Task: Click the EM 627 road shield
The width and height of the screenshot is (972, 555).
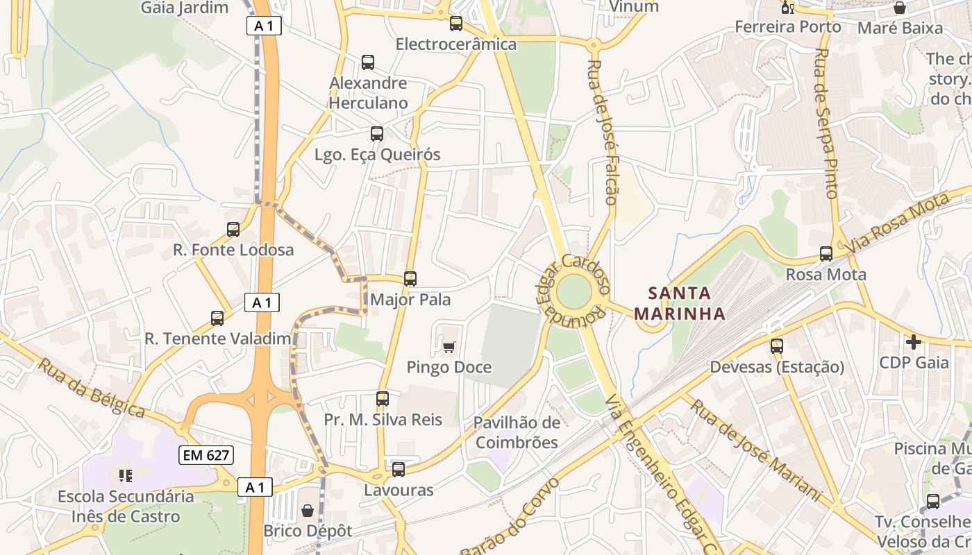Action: [206, 455]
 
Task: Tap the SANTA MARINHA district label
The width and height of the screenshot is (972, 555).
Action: [680, 303]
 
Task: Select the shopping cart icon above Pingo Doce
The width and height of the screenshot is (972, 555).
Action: [449, 346]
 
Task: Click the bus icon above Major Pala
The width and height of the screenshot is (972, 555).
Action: [410, 279]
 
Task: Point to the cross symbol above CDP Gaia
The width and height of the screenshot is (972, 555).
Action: [914, 341]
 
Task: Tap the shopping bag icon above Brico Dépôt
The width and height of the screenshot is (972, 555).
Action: [308, 511]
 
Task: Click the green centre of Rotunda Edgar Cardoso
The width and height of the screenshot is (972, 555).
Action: [573, 291]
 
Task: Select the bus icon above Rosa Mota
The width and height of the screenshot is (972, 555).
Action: [826, 254]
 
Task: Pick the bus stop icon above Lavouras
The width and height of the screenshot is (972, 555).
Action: [398, 470]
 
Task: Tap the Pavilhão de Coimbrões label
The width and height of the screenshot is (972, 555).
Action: [516, 432]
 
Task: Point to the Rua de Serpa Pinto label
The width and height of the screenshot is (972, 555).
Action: [826, 123]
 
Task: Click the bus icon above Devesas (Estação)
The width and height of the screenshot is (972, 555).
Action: [776, 345]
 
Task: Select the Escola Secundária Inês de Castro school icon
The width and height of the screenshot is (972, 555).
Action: [126, 475]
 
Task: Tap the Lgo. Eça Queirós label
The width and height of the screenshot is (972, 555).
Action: [377, 155]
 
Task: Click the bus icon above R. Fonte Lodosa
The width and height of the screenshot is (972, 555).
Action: [233, 229]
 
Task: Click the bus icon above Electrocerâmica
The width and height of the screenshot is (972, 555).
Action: [456, 24]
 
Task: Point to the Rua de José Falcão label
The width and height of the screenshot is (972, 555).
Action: [602, 132]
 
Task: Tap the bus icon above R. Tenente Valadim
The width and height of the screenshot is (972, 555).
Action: [217, 318]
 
